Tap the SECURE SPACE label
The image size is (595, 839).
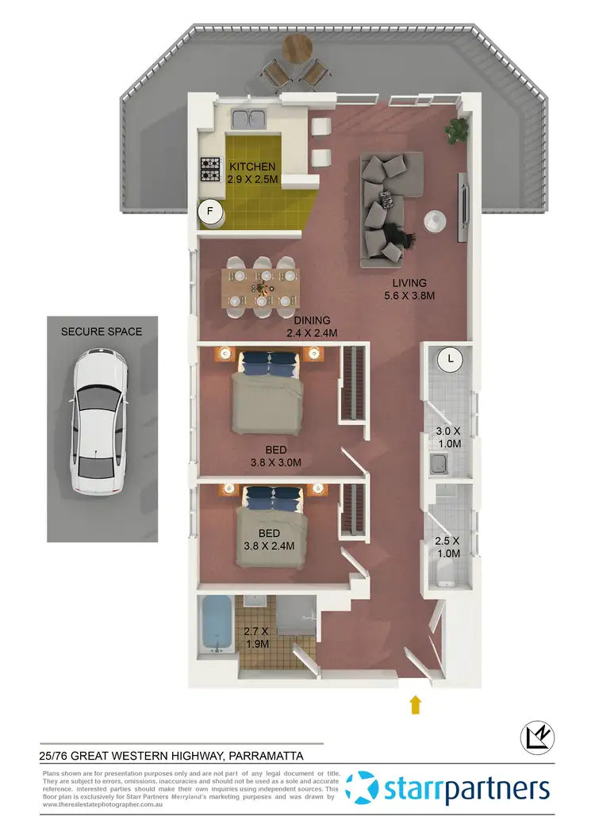102,331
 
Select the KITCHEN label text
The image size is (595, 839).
252,167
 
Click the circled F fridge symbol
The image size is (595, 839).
211,212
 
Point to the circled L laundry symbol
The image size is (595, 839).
451,360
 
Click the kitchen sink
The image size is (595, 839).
249,120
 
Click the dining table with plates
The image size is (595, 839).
262,287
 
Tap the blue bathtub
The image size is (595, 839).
214,626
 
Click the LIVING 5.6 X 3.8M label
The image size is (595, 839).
405,289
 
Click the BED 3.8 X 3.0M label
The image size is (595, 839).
276,456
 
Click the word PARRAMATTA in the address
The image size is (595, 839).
277,757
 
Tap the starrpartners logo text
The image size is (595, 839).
466,790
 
